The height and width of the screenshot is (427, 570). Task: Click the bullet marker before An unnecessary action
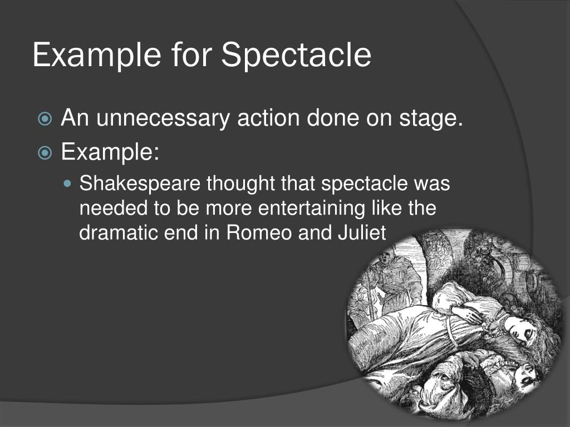[x=45, y=119]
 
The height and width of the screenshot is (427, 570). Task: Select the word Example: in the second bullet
[x=110, y=151]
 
